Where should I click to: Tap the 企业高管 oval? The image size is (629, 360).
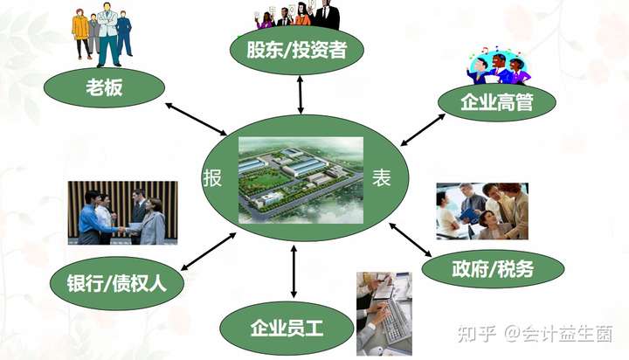(x=495, y=101)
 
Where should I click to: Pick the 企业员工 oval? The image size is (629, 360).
(x=287, y=328)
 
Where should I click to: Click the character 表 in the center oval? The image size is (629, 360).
(x=381, y=178)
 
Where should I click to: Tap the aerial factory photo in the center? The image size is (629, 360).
(x=300, y=179)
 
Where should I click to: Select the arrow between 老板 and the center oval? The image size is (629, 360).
(x=197, y=120)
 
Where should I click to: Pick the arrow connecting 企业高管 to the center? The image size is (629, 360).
(x=423, y=128)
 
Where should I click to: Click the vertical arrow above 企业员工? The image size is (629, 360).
(x=294, y=272)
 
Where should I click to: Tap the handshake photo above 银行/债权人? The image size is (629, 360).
(x=122, y=213)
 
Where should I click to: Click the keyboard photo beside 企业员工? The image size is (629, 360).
(x=383, y=311)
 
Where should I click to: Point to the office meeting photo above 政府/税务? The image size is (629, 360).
(x=482, y=211)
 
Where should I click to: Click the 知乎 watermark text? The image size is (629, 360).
(x=477, y=334)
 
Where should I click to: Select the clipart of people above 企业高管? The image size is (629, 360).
(x=497, y=66)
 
